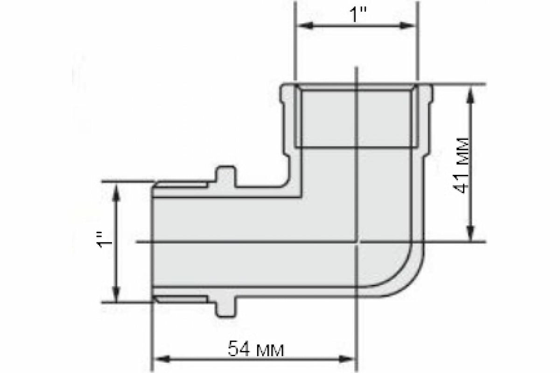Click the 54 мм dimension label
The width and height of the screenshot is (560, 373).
pos(256,349)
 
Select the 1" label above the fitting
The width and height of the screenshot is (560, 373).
pos(358,15)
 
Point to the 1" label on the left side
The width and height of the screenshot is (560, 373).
pos(105,240)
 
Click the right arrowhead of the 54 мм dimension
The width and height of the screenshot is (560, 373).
pos(347,359)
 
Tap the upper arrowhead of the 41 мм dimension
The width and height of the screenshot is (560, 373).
pos(470,96)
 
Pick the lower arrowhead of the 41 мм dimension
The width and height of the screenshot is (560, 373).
pos(470,233)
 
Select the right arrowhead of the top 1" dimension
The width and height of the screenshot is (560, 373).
pos(407,26)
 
